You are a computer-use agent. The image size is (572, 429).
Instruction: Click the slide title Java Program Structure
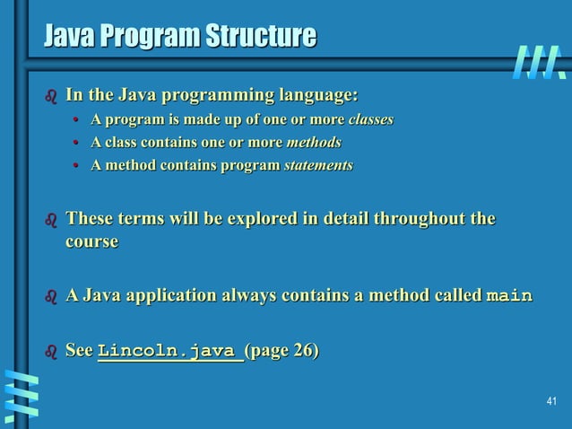point(179,37)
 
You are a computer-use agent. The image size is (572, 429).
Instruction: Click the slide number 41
point(551,401)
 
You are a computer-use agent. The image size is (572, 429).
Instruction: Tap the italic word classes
point(370,119)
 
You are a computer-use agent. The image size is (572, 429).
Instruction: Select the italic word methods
point(313,142)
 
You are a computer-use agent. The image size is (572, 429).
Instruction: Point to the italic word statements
point(318,165)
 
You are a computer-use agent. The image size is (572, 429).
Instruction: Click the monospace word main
point(508,295)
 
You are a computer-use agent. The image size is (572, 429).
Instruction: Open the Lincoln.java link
point(169,351)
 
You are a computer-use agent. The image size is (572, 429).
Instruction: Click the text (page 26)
point(281,350)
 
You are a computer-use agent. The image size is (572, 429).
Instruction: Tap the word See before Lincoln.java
point(79,350)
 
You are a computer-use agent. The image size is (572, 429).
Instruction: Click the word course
point(91,242)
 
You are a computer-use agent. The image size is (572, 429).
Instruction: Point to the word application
point(164,295)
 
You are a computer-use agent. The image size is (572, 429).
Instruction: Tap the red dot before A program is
point(76,120)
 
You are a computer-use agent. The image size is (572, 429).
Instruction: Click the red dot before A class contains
point(76,143)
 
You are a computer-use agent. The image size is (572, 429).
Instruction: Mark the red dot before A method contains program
point(76,166)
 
